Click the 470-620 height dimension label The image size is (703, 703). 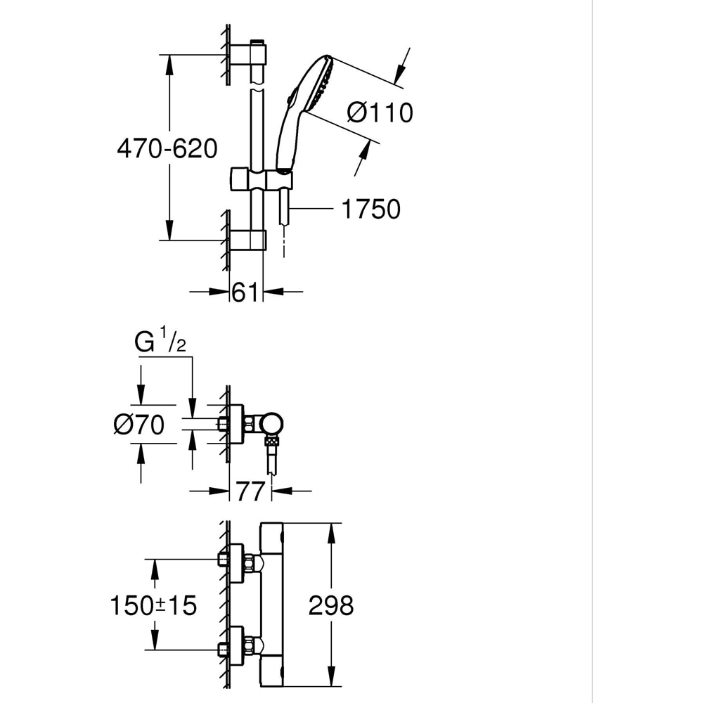coord(167,148)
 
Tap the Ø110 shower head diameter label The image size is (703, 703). coord(380,112)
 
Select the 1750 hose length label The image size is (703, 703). coord(370,209)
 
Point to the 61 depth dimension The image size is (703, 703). coord(245,292)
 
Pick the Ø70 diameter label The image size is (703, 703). coord(138,425)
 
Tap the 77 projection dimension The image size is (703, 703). coord(250,491)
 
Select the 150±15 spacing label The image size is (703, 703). coord(154,605)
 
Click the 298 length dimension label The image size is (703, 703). coord(331,605)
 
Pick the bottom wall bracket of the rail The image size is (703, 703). coord(250,240)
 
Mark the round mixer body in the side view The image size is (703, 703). coord(271,423)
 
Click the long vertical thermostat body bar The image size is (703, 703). coord(272,605)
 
